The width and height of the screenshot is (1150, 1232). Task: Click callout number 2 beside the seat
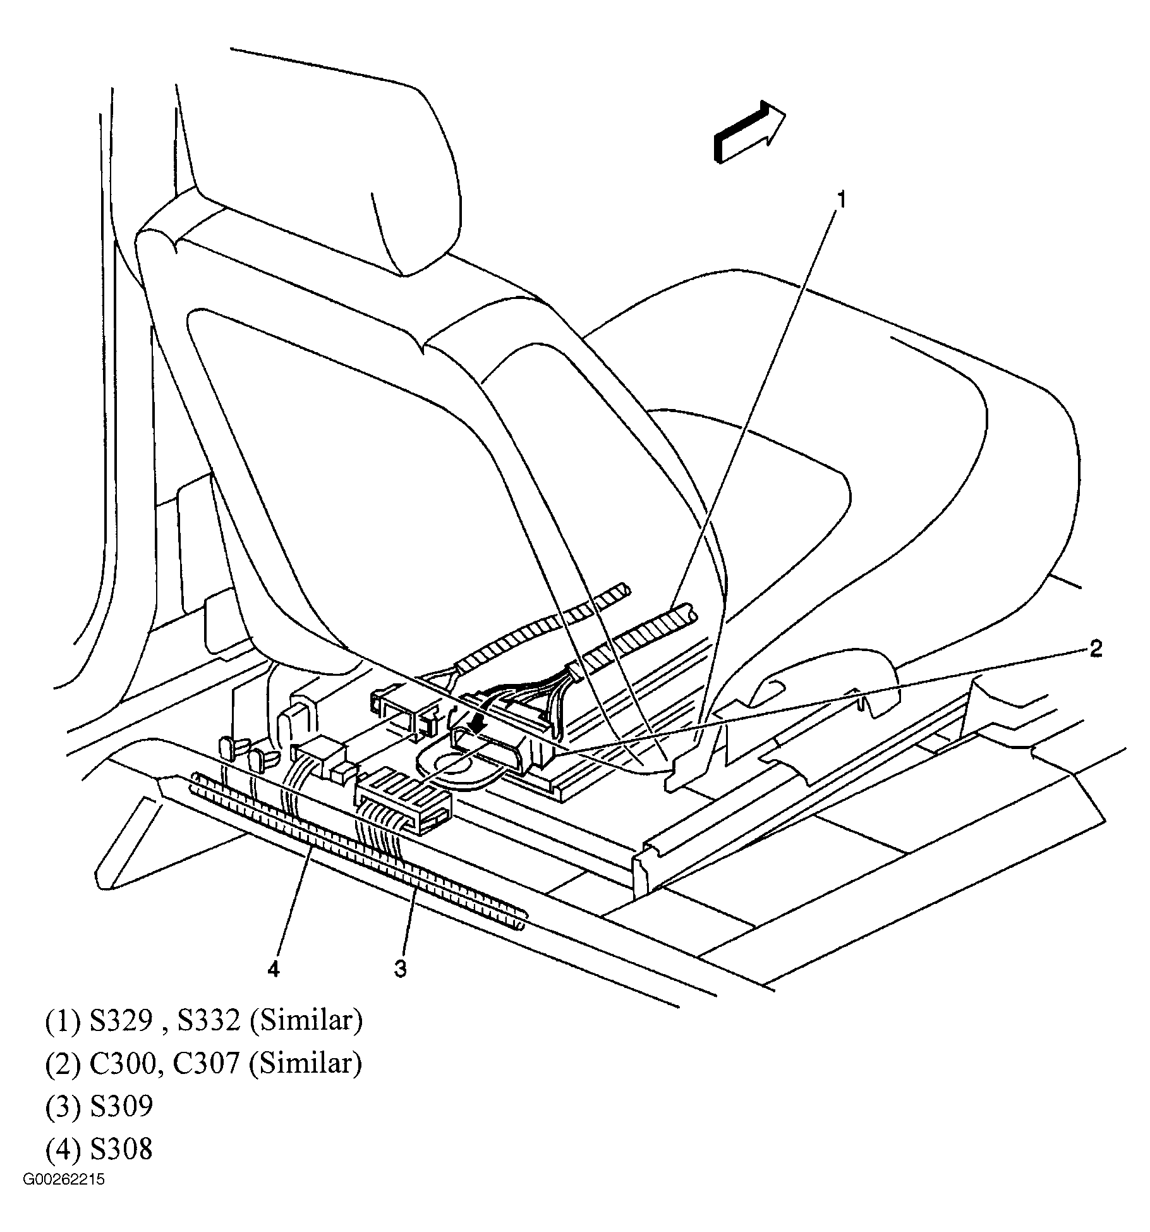[x=1096, y=649]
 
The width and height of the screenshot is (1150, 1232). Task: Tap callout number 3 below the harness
[x=401, y=968]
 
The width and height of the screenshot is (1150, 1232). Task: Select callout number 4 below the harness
[x=273, y=968]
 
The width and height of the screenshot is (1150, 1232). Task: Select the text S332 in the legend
[x=209, y=1021]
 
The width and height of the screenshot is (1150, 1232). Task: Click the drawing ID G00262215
[x=64, y=1180]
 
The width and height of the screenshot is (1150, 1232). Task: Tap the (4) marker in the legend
[x=63, y=1149]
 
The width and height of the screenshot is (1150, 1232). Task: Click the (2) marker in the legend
[x=63, y=1064]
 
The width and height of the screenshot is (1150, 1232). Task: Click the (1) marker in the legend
[x=63, y=1021]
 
